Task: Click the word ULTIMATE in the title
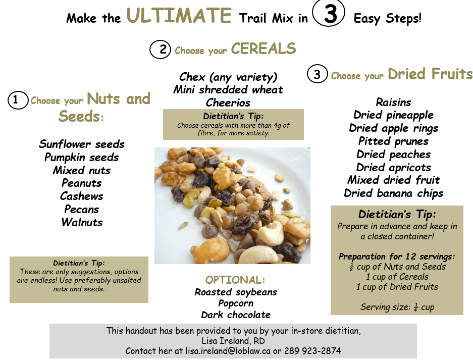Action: point(179,15)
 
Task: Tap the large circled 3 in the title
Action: point(329,13)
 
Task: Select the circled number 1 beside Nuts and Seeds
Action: point(18,100)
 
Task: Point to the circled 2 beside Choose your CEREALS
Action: point(160,49)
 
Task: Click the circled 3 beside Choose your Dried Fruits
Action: point(318,74)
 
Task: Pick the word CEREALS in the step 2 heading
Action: point(264,48)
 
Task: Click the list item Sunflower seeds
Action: point(81,144)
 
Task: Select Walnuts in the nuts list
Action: point(82,222)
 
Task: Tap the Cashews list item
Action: point(81,196)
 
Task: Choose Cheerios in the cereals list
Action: point(228,102)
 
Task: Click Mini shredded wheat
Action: point(228,90)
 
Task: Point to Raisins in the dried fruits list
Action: point(393,102)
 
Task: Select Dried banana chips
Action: point(393,193)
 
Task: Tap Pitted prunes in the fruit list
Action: point(393,141)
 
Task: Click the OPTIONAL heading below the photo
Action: point(235,280)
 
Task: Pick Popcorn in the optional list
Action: point(236,303)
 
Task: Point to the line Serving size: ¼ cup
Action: point(397,307)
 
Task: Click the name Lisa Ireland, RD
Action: point(233,341)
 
